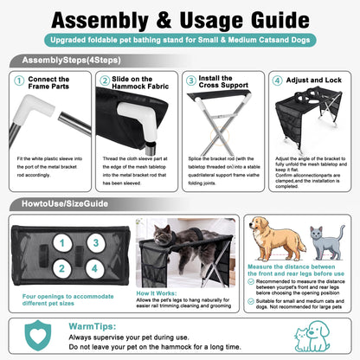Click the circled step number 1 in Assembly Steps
coord(19,80)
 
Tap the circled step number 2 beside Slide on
coord(105,80)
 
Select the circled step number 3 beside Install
coord(191,80)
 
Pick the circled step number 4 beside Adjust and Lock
coord(278,80)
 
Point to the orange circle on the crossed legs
coord(220,136)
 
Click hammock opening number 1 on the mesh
coord(62,243)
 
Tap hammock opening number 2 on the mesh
coord(62,268)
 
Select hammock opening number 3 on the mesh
coord(96,243)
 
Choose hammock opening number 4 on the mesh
coord(95,268)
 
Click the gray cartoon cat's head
coord(316,233)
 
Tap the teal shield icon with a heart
coord(38,335)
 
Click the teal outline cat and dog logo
coord(312,336)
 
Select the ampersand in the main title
coord(164,20)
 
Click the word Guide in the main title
coord(280,20)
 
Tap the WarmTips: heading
coord(93,326)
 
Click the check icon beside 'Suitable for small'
coord(251,301)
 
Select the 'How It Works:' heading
coord(157,293)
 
